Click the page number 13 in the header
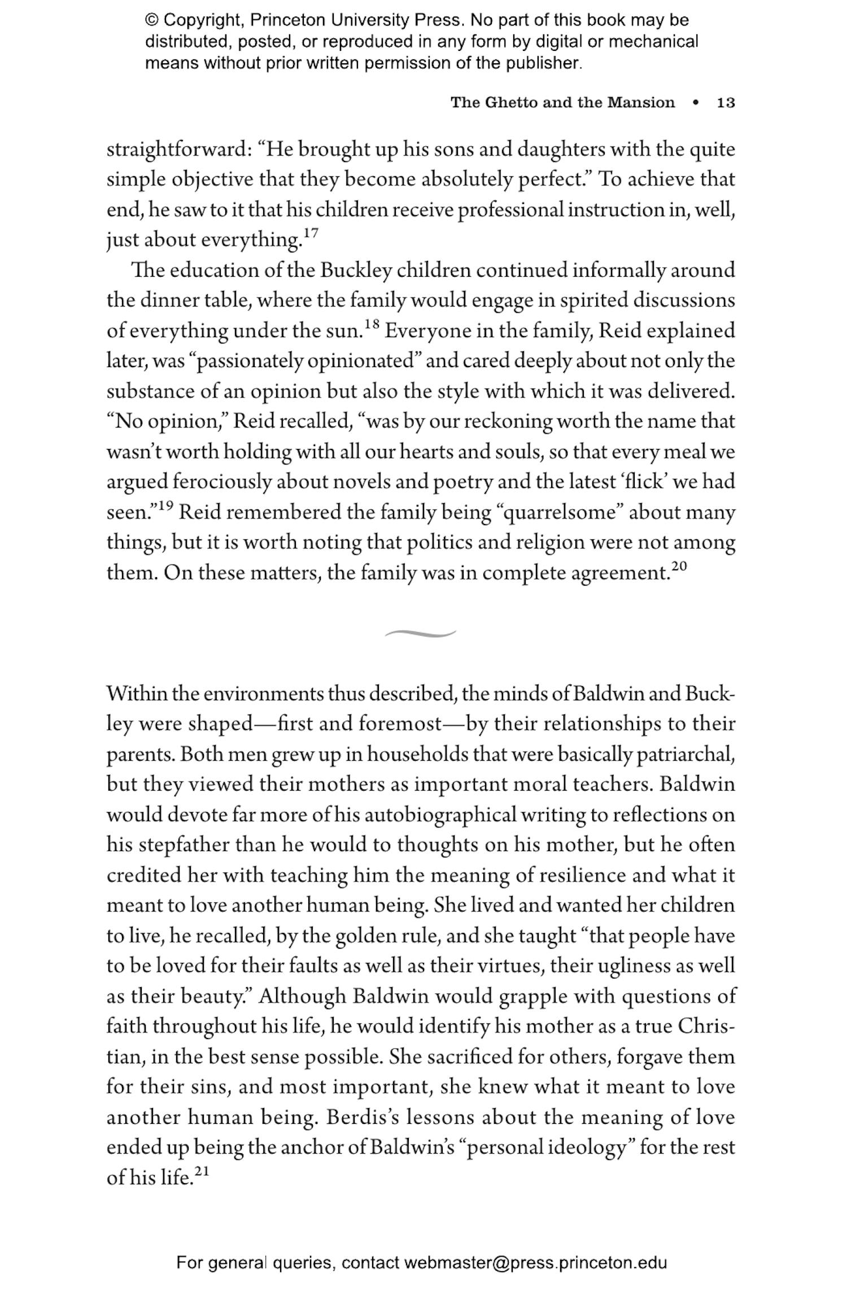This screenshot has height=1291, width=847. [x=726, y=103]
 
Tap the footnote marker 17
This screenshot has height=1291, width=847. [x=311, y=232]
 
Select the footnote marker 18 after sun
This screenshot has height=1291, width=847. [x=371, y=324]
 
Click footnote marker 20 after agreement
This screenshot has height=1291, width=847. [x=679, y=566]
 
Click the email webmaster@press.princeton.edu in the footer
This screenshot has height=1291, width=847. [x=535, y=1263]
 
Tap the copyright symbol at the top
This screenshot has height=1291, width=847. [x=151, y=21]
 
